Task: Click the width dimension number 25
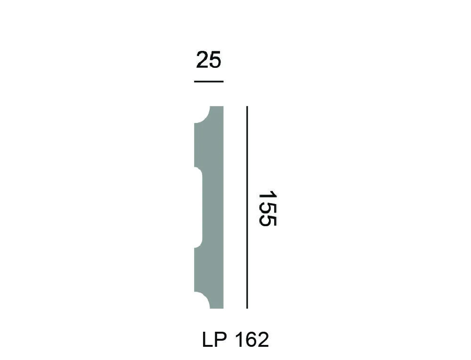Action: coord(209,60)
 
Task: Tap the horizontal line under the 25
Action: coord(209,82)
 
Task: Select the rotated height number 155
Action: coord(267,208)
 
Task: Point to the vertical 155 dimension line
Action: coord(247,207)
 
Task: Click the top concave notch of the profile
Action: coord(202,115)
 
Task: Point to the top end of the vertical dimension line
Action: coord(247,107)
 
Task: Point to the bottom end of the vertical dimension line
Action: coord(247,308)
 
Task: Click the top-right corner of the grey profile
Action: coord(223,107)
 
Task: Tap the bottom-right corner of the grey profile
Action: coord(223,308)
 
